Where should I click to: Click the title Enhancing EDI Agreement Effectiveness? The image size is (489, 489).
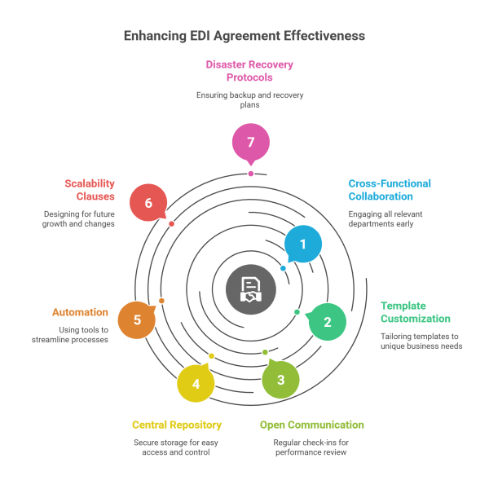point(244,36)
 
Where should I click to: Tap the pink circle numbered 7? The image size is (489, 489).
point(250,143)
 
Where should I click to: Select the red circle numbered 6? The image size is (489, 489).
point(148,203)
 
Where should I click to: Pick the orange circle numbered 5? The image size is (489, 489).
point(137,319)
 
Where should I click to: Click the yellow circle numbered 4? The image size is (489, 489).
point(196,383)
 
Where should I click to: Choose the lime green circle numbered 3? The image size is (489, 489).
point(280,379)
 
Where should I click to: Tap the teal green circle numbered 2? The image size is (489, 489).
point(327,322)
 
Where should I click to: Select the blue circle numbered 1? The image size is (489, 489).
point(303,244)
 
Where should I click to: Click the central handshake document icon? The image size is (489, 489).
point(250,289)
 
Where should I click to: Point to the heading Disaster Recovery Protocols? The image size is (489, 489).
point(249,71)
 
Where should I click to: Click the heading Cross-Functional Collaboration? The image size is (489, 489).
point(389,190)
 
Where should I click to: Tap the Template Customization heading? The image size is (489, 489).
point(416,312)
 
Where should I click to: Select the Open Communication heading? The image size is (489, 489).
point(311,425)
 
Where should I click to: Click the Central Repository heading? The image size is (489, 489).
point(177,425)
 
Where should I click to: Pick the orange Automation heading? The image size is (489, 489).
point(80,312)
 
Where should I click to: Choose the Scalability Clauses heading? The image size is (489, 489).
point(90,190)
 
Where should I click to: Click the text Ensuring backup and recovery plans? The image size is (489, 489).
point(249,100)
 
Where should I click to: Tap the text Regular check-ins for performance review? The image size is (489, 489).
point(311,447)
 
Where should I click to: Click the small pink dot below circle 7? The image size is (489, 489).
point(250,174)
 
